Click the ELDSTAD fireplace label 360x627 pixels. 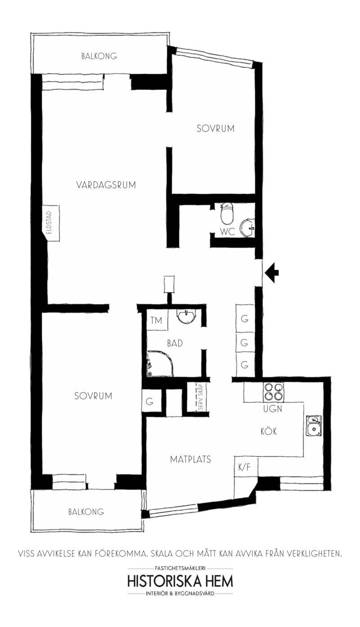pyautogui.click(x=49, y=223)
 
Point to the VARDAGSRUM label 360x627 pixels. pyautogui.click(x=106, y=185)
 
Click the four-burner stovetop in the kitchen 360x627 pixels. pyautogui.click(x=273, y=392)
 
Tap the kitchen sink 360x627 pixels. pyautogui.click(x=314, y=425)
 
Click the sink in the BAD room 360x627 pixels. pyautogui.click(x=186, y=316)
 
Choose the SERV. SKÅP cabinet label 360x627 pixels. pyautogui.click(x=200, y=397)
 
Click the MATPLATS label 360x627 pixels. pyautogui.click(x=190, y=460)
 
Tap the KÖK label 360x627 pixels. pyautogui.click(x=269, y=431)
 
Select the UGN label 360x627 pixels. pyautogui.click(x=273, y=409)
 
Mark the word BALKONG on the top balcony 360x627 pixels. pyautogui.click(x=99, y=56)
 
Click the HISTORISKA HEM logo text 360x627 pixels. pyautogui.click(x=180, y=581)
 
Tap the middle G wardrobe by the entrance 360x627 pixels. pyautogui.click(x=245, y=342)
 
